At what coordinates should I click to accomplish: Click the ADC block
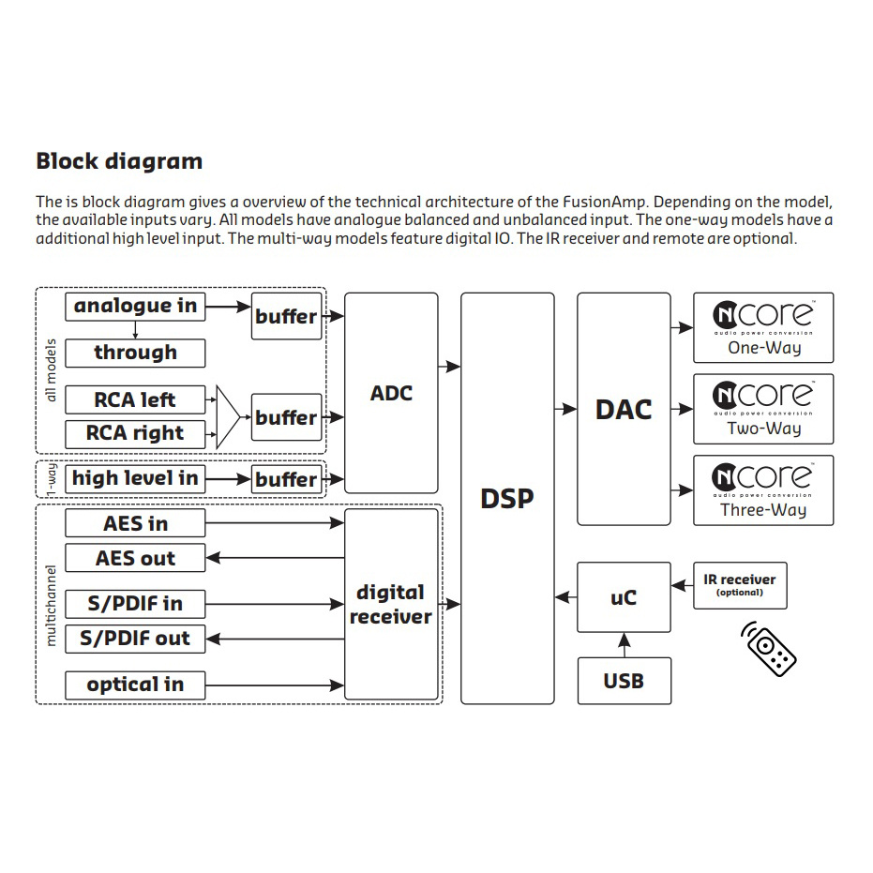coord(391,393)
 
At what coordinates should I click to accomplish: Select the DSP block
coord(507,498)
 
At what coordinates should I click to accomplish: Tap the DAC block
coord(624,409)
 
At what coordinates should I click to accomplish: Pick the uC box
coord(624,596)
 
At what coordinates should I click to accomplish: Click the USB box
coord(624,680)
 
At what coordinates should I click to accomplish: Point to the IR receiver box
coord(740,586)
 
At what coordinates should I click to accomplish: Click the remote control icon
coord(769,646)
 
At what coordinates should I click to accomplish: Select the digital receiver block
coord(391,604)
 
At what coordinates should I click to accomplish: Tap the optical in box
coord(135,685)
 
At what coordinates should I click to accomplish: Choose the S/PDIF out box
coord(135,639)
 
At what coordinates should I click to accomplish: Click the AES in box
coord(135,523)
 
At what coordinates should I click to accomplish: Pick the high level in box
coord(135,478)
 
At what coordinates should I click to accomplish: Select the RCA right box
coord(135,433)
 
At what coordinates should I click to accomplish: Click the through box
coord(135,353)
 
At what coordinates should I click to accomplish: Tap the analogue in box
coord(135,306)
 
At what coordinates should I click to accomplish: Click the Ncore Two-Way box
coord(763,409)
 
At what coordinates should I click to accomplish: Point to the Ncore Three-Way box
coord(763,490)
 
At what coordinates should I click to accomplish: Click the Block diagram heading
coord(119,161)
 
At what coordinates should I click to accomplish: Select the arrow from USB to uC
coord(624,644)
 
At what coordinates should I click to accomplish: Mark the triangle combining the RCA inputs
coord(229,416)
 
